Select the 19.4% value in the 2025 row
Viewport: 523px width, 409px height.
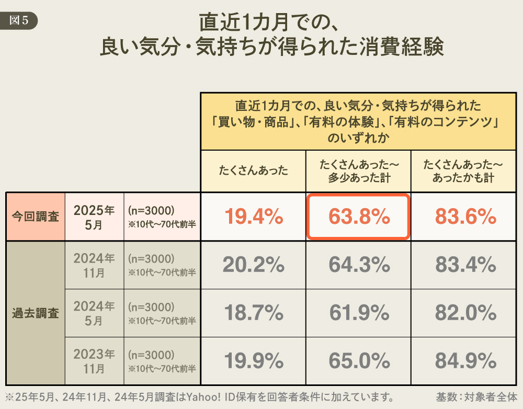[x=254, y=217]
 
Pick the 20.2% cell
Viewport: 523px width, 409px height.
[x=254, y=265]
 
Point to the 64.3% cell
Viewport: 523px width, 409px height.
[x=359, y=265]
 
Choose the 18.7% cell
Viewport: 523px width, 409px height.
[x=254, y=313]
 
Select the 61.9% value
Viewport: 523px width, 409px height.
[x=359, y=313]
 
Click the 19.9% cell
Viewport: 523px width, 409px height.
[x=254, y=361]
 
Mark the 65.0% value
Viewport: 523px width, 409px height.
[x=359, y=361]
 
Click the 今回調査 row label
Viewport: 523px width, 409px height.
[x=36, y=217]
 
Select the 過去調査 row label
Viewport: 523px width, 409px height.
[x=36, y=313]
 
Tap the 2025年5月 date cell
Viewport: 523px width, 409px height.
[x=94, y=217]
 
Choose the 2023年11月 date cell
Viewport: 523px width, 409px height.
[x=94, y=361]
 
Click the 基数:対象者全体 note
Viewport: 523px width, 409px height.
[x=476, y=397]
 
